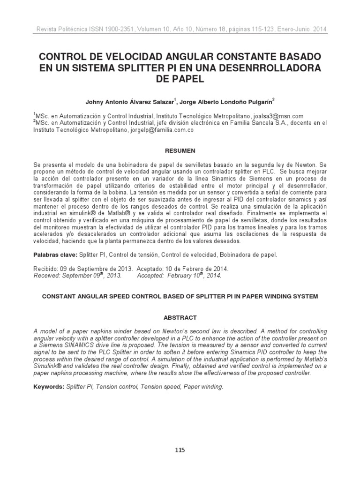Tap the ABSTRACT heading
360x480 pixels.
coord(180,317)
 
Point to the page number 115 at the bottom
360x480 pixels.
coord(180,450)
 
